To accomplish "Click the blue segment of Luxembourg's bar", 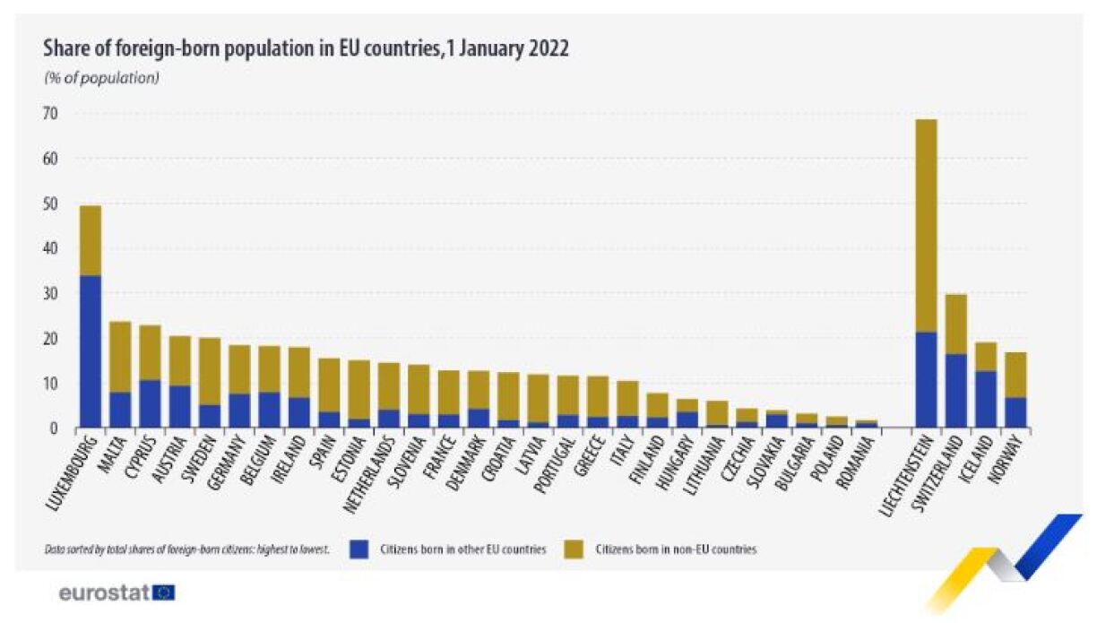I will pyautogui.click(x=91, y=351).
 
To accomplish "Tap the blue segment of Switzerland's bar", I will pyautogui.click(x=956, y=391).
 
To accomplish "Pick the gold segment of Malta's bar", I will pyautogui.click(x=120, y=357).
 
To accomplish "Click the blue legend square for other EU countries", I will pyautogui.click(x=360, y=549).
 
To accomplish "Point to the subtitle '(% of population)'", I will pyautogui.click(x=101, y=78).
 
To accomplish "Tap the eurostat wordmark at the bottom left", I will pyautogui.click(x=103, y=593).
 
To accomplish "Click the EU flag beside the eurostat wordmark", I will pyautogui.click(x=164, y=593).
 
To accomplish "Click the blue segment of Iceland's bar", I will pyautogui.click(x=986, y=399).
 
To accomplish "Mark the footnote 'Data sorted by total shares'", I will pyautogui.click(x=186, y=549).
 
